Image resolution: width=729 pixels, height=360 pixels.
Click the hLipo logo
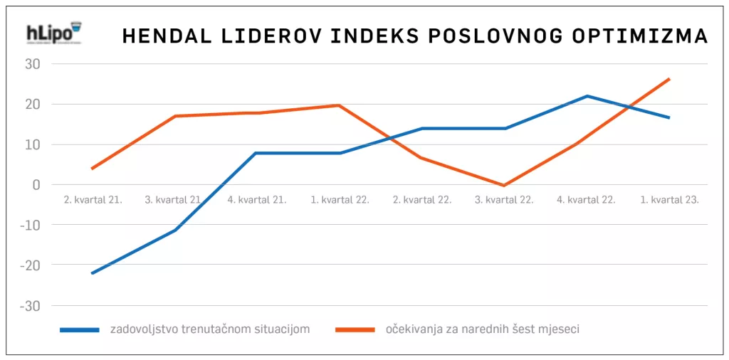tap(53, 35)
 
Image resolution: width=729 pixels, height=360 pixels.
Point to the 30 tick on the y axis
tap(33, 64)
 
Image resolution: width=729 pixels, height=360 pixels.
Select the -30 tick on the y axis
tap(31, 305)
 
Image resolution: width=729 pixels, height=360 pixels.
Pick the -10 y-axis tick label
tap(31, 225)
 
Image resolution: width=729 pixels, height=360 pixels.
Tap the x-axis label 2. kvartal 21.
tap(93, 200)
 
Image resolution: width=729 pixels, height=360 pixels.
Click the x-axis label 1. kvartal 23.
tap(668, 200)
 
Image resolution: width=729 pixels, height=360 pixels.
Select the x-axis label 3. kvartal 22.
tap(504, 200)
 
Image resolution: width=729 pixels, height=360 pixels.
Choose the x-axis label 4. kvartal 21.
tap(257, 200)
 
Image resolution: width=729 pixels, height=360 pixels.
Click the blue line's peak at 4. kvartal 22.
tap(587, 96)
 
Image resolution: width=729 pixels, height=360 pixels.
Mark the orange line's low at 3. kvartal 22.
tap(505, 186)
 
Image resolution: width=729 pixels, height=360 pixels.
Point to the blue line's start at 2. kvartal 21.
tap(93, 273)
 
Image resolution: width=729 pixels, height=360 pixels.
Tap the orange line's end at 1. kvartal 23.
tap(669, 79)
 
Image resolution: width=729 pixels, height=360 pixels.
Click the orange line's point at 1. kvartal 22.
tap(340, 105)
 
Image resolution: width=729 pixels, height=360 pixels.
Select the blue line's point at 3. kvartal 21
tap(174, 230)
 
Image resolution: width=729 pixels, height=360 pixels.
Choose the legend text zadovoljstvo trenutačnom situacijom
tap(210, 329)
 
